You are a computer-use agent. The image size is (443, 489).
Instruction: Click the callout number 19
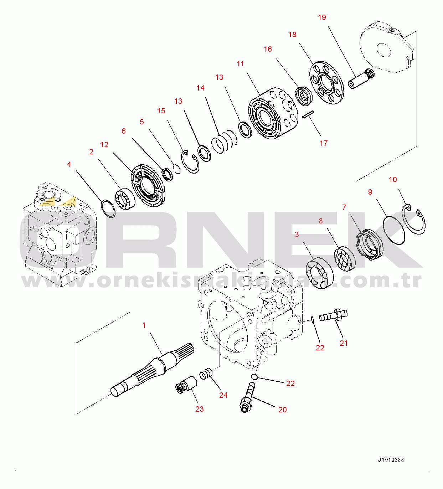pyautogui.click(x=322, y=17)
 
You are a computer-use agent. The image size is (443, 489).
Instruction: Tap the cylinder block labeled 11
pyautogui.click(x=273, y=113)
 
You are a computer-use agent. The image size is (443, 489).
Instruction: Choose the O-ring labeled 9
pyautogui.click(x=394, y=230)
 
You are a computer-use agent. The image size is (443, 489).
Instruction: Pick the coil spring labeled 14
pyautogui.click(x=224, y=141)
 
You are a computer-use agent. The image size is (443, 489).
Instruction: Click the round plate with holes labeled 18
pyautogui.click(x=326, y=83)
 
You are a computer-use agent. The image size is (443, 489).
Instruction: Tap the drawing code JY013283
pyautogui.click(x=391, y=460)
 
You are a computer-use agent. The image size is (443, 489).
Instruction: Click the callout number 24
pyautogui.click(x=223, y=395)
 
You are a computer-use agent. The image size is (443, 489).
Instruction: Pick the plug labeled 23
pyautogui.click(x=187, y=385)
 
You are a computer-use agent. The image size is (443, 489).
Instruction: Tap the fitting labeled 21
pyautogui.click(x=334, y=315)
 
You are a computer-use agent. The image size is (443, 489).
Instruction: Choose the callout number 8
pyautogui.click(x=320, y=221)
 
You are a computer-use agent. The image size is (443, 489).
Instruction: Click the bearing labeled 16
pyautogui.click(x=304, y=96)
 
